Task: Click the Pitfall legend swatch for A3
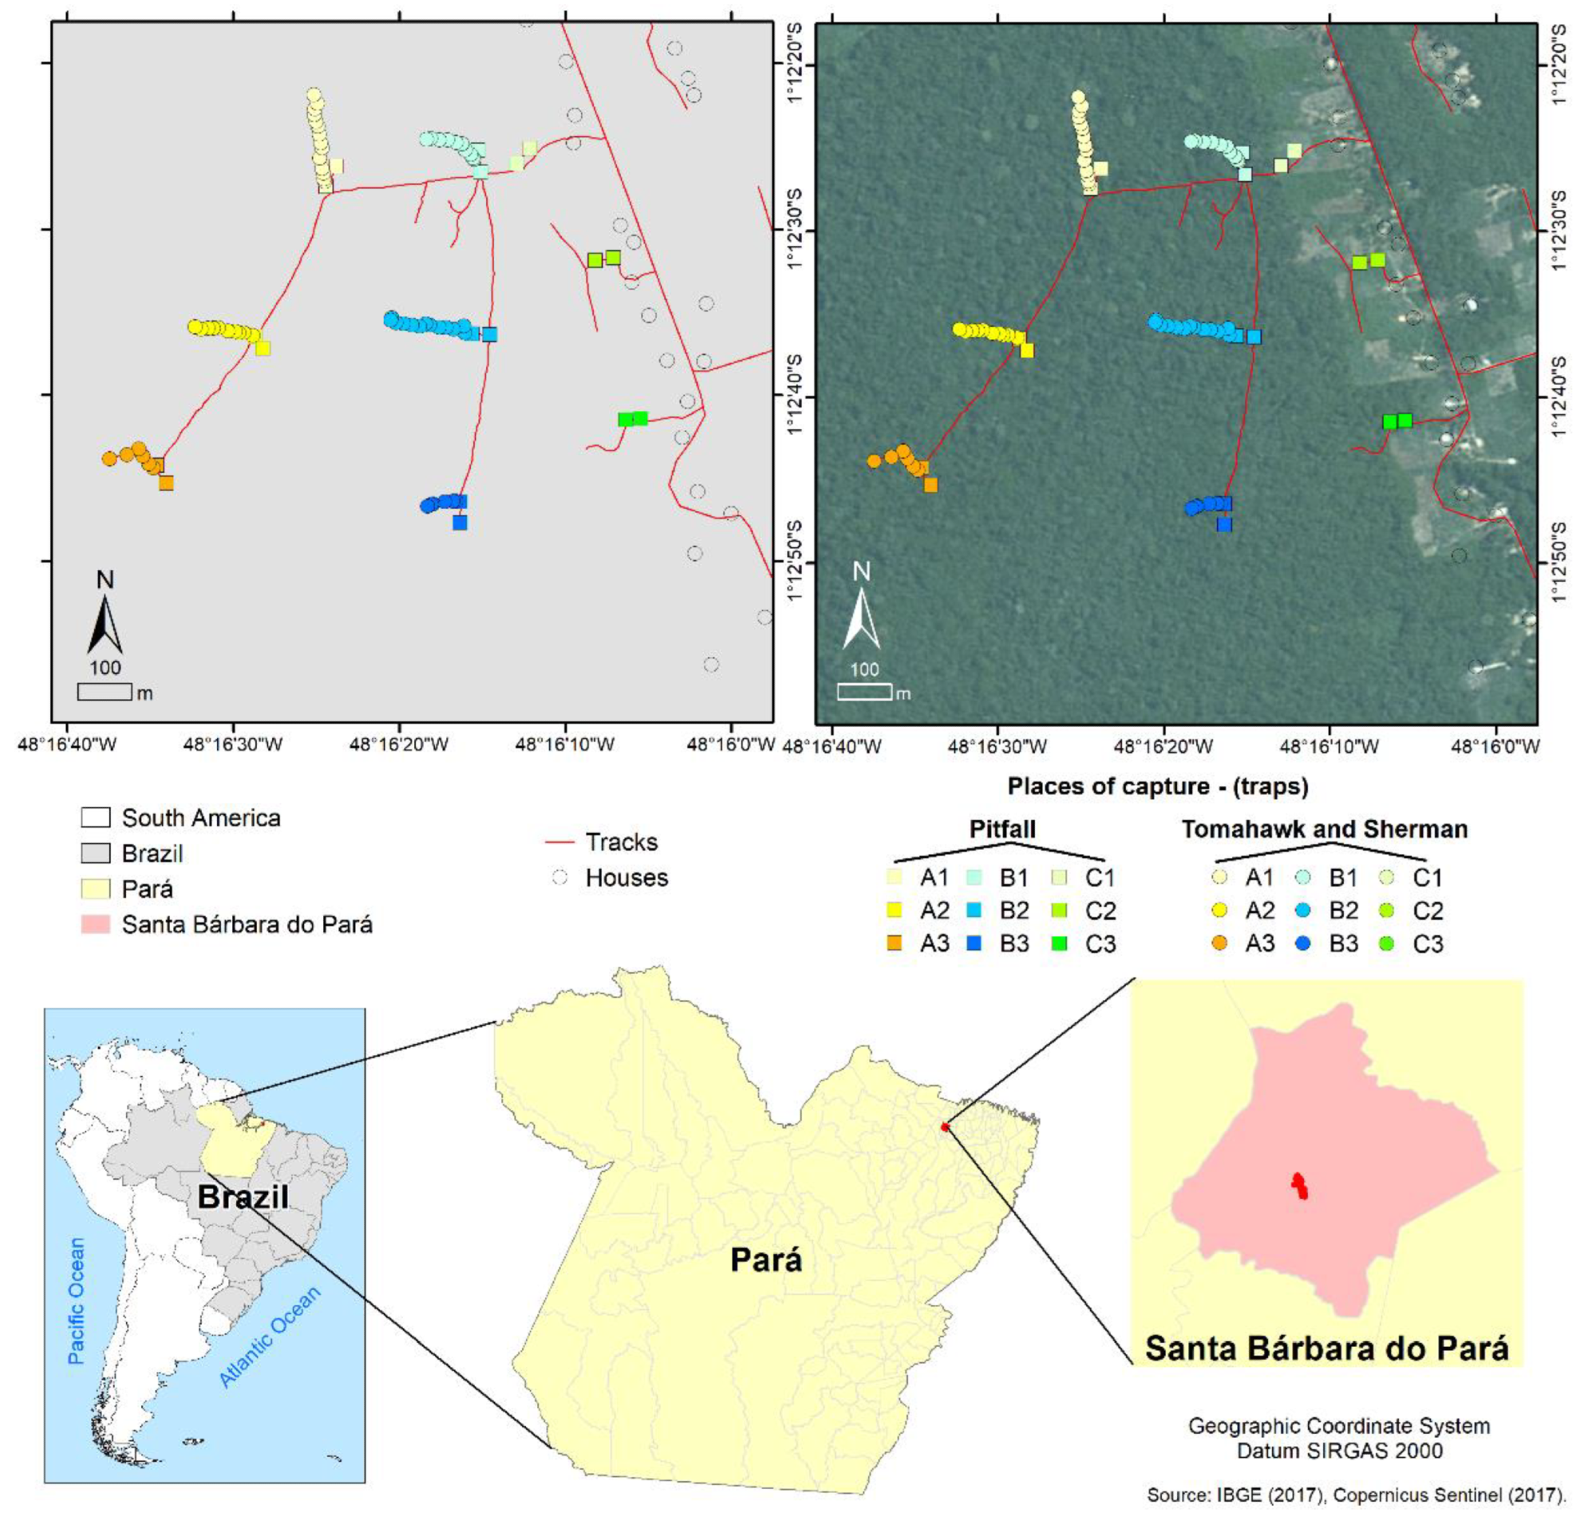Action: [894, 943]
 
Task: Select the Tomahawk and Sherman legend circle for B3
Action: [1302, 943]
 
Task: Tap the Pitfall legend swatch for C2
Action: [1059, 911]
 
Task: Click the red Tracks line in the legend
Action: [559, 842]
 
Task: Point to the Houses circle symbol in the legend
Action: [559, 878]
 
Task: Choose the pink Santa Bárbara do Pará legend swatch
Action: [95, 924]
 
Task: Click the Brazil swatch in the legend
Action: [95, 853]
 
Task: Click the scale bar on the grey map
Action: [105, 692]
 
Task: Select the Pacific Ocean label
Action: [77, 1301]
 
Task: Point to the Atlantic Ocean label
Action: [270, 1336]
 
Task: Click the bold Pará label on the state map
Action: [766, 1259]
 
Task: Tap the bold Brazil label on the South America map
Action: [243, 1197]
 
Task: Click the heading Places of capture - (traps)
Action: [1158, 785]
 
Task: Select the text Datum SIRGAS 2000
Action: [1340, 1450]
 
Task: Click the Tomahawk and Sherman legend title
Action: [1324, 829]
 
